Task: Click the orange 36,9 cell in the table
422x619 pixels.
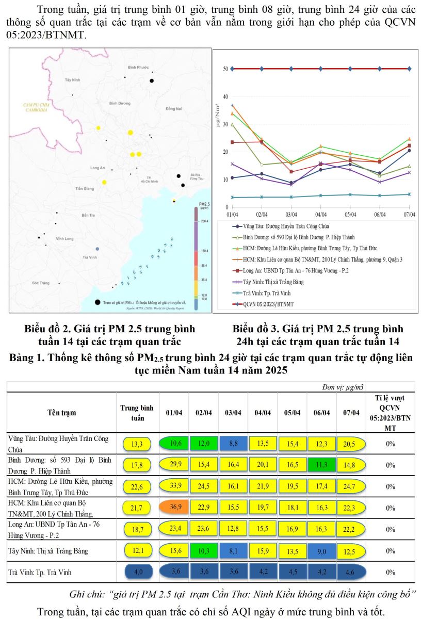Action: tap(174, 508)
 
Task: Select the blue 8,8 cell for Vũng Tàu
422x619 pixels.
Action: tap(233, 443)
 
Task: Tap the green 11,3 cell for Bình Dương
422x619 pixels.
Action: tap(322, 464)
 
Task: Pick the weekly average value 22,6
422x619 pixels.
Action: tap(136, 486)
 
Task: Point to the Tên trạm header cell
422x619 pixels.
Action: tap(61, 412)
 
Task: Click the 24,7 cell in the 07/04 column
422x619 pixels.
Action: tap(351, 486)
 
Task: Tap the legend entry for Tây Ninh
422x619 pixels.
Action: tap(273, 282)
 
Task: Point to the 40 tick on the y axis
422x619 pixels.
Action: tap(225, 96)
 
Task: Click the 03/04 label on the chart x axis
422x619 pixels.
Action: tap(291, 214)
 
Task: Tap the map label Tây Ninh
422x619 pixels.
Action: tap(73, 80)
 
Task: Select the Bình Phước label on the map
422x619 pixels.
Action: tap(138, 68)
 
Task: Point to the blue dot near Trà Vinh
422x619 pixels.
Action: tap(97, 249)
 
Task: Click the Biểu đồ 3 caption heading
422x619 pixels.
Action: tap(318, 329)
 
